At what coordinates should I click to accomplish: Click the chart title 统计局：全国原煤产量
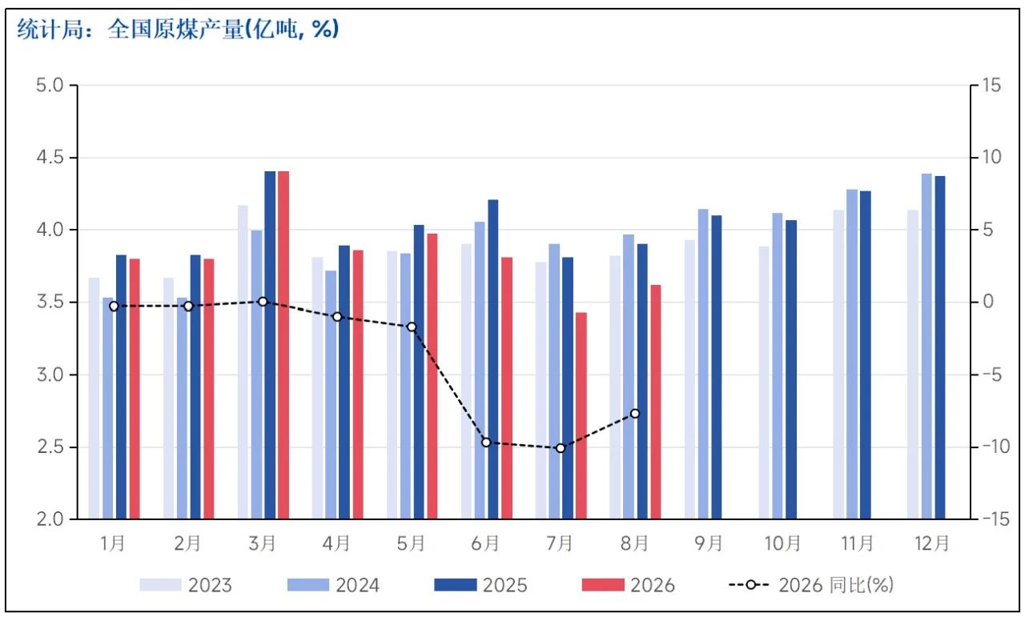click(x=178, y=30)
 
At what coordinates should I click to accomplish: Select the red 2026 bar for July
click(x=581, y=416)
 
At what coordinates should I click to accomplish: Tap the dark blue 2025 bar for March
click(x=270, y=346)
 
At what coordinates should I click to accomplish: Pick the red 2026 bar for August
click(x=656, y=402)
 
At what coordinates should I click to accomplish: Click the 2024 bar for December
click(x=927, y=347)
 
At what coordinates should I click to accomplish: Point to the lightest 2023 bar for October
click(x=764, y=383)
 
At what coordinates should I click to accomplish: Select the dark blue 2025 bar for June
click(x=493, y=359)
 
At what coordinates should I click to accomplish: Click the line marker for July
click(x=561, y=448)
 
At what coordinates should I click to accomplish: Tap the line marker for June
click(x=486, y=443)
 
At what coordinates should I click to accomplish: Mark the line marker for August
click(x=635, y=414)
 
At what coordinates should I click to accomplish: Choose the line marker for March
click(x=263, y=302)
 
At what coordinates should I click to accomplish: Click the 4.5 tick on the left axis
click(x=50, y=158)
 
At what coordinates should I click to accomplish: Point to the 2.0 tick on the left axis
click(x=50, y=519)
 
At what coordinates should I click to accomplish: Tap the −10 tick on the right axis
click(x=995, y=447)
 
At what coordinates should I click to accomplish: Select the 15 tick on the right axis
click(x=991, y=85)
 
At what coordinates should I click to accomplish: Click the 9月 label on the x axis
click(x=709, y=543)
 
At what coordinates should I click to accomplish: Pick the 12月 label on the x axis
click(x=931, y=543)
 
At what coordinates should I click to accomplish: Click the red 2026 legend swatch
click(x=603, y=585)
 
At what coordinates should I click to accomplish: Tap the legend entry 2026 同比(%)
click(x=811, y=585)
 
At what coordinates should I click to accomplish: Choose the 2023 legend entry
click(x=186, y=585)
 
